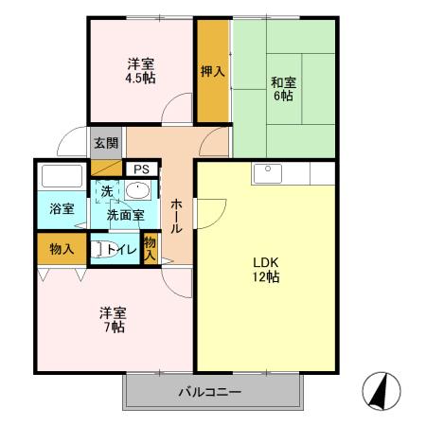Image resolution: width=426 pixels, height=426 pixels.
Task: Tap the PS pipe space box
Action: click(141, 169)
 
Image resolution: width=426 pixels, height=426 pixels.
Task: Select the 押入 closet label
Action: click(212, 70)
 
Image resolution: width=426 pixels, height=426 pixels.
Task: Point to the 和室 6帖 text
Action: click(282, 88)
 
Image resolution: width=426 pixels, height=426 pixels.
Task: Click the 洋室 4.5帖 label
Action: click(142, 71)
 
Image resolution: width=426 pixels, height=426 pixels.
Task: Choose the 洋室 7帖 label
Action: click(114, 319)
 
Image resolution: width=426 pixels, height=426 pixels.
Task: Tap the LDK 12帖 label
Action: click(265, 269)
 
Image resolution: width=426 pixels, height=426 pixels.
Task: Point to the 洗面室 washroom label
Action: click(125, 215)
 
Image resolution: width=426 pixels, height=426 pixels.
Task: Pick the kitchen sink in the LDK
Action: click(266, 173)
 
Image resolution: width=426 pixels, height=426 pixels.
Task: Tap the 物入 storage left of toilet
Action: click(62, 249)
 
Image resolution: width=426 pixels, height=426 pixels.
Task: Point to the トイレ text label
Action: click(121, 250)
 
